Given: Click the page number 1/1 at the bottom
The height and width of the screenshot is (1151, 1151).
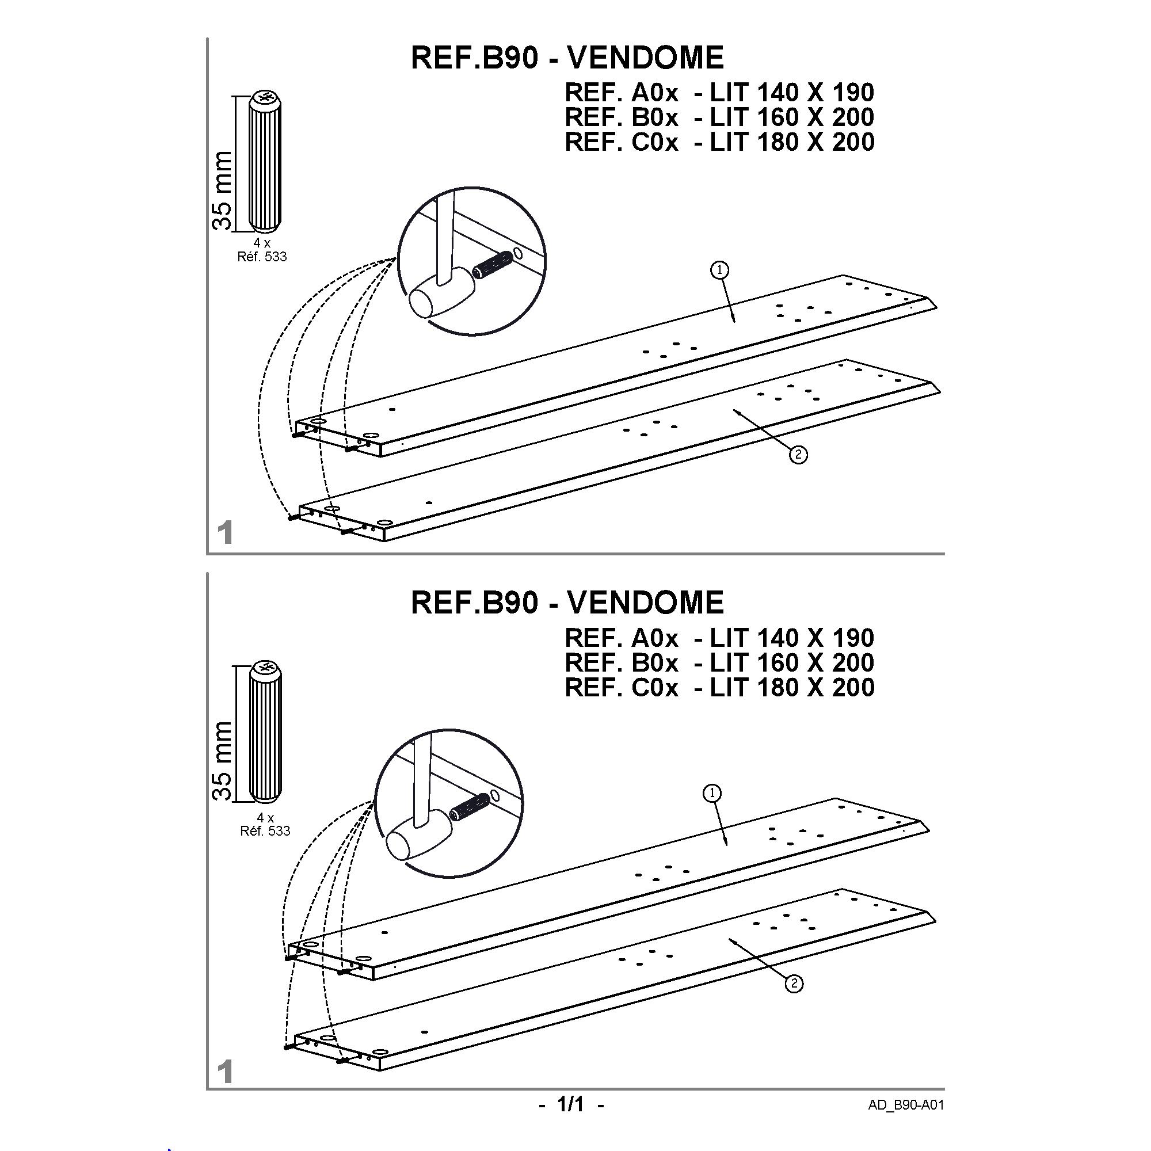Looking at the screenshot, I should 571,1104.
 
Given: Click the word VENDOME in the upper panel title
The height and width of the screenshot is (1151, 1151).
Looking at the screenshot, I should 645,58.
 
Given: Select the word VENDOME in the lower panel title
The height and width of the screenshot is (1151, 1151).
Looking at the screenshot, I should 645,603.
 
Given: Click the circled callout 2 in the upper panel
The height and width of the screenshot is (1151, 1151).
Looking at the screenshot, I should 798,455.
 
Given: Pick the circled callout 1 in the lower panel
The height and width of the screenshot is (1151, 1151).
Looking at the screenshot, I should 712,793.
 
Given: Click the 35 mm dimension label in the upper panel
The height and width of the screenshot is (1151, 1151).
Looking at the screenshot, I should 222,189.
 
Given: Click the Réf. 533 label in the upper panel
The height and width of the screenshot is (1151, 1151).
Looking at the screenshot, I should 262,257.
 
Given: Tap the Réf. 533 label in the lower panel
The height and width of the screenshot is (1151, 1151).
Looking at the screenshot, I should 265,830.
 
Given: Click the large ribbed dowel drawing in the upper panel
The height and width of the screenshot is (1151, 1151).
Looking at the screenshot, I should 265,161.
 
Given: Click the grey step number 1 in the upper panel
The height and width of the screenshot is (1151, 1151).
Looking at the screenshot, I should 224,532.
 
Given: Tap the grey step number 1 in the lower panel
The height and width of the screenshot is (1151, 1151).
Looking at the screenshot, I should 224,1072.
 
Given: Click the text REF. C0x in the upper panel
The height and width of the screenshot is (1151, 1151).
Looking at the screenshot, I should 622,142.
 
